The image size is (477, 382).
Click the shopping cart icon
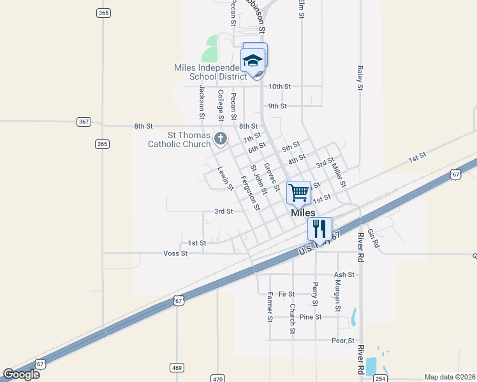[x=298, y=192]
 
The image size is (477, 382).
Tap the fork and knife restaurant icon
[x=319, y=228]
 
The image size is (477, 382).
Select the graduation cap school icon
[x=253, y=60]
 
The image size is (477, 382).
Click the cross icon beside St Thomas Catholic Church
[x=220, y=138]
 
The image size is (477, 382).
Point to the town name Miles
[x=303, y=213]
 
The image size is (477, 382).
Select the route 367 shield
[x=83, y=122]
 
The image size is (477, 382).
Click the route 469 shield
[x=177, y=367]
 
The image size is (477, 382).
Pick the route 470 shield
[x=218, y=379]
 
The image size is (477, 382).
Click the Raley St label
[x=360, y=78]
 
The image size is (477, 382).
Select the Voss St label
[x=175, y=253]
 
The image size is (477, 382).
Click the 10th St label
[x=279, y=86]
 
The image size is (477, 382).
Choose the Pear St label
[x=342, y=341]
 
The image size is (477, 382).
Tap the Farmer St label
[x=270, y=306]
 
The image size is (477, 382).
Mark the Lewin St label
[x=224, y=178]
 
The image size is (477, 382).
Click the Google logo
[x=21, y=374]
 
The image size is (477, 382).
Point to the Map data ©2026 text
[x=450, y=377]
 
